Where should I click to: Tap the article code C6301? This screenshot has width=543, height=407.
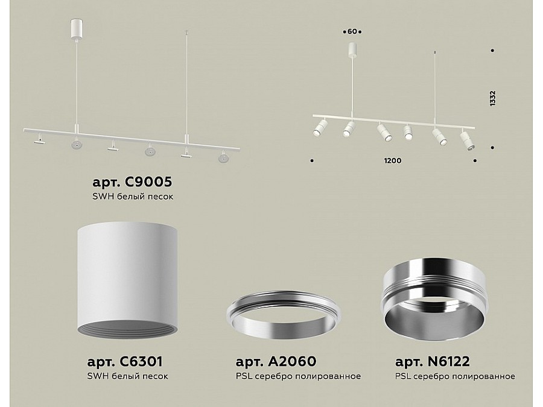coord(141,361)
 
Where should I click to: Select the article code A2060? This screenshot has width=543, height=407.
coord(292,361)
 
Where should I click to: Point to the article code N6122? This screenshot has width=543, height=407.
coord(449,361)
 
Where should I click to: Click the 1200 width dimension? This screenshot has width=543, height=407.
coord(393,160)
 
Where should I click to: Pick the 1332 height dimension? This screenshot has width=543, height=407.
coord(493,98)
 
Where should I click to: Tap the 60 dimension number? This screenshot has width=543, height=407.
coord(352,31)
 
